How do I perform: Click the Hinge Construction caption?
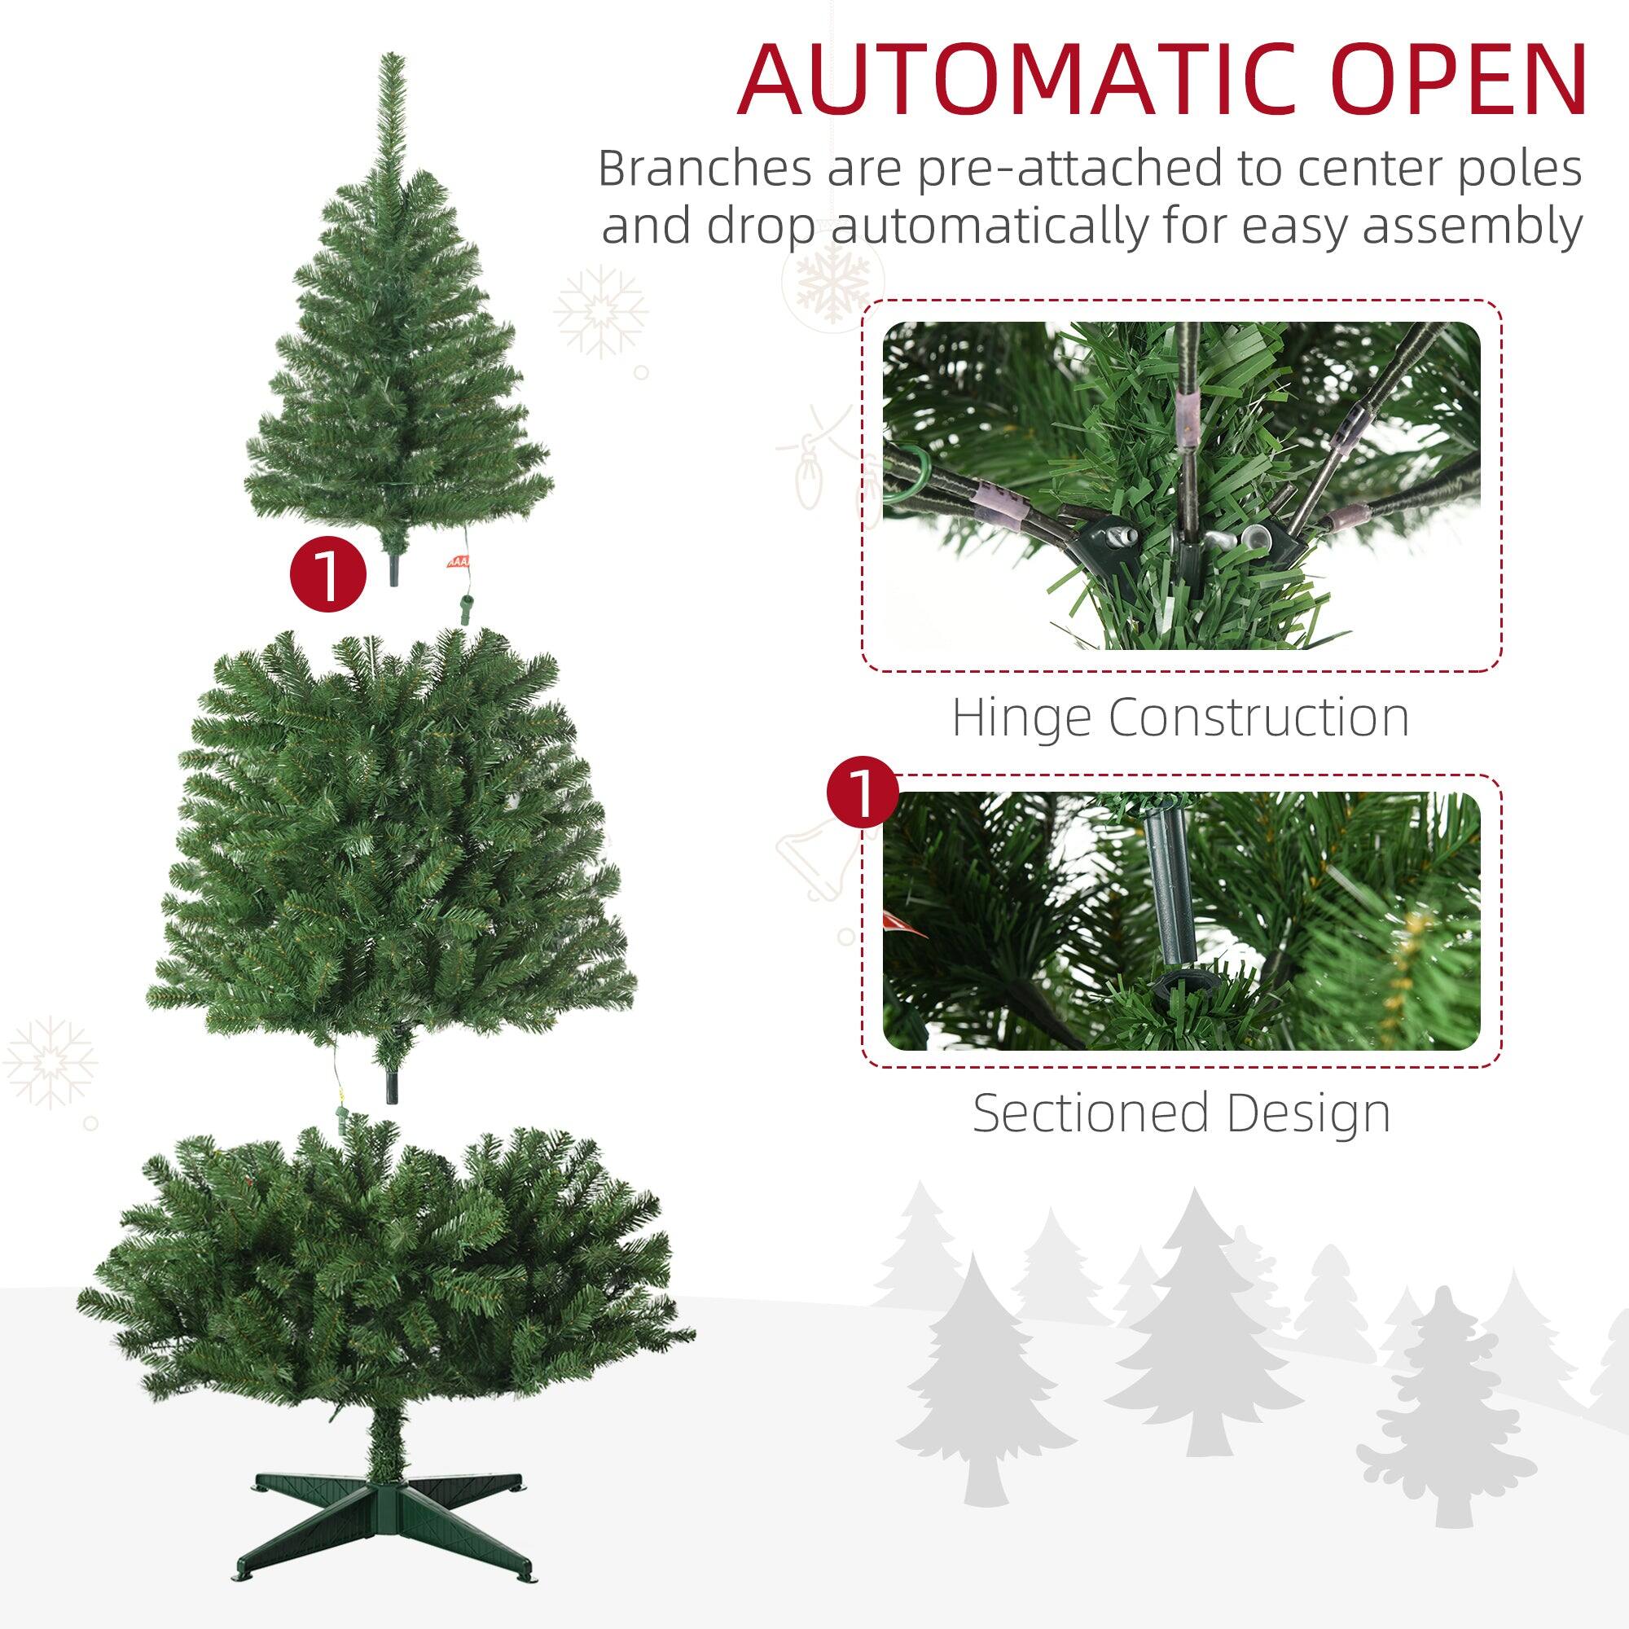(1180, 718)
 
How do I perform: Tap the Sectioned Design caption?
(1181, 1112)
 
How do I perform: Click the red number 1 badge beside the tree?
(328, 577)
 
